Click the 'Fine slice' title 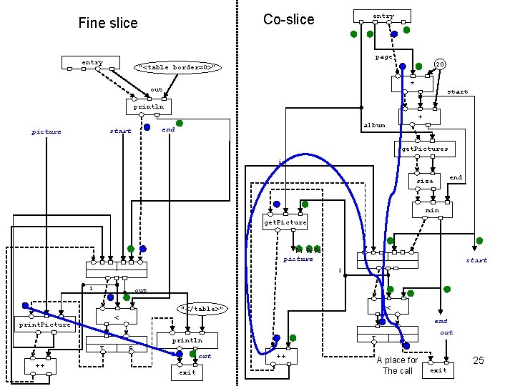pos(107,23)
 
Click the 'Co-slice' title pos(288,19)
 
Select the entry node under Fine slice pos(92,63)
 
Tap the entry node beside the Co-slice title pos(383,16)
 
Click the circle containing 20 pos(441,64)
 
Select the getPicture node pos(285,222)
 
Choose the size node pos(425,182)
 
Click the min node pos(431,210)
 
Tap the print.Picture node pos(45,325)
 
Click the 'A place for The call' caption pos(397,365)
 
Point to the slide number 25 pos(478,360)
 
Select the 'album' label pos(374,125)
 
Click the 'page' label pos(383,57)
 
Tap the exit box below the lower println pos(187,372)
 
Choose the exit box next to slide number pos(438,370)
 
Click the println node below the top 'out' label pos(148,107)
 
